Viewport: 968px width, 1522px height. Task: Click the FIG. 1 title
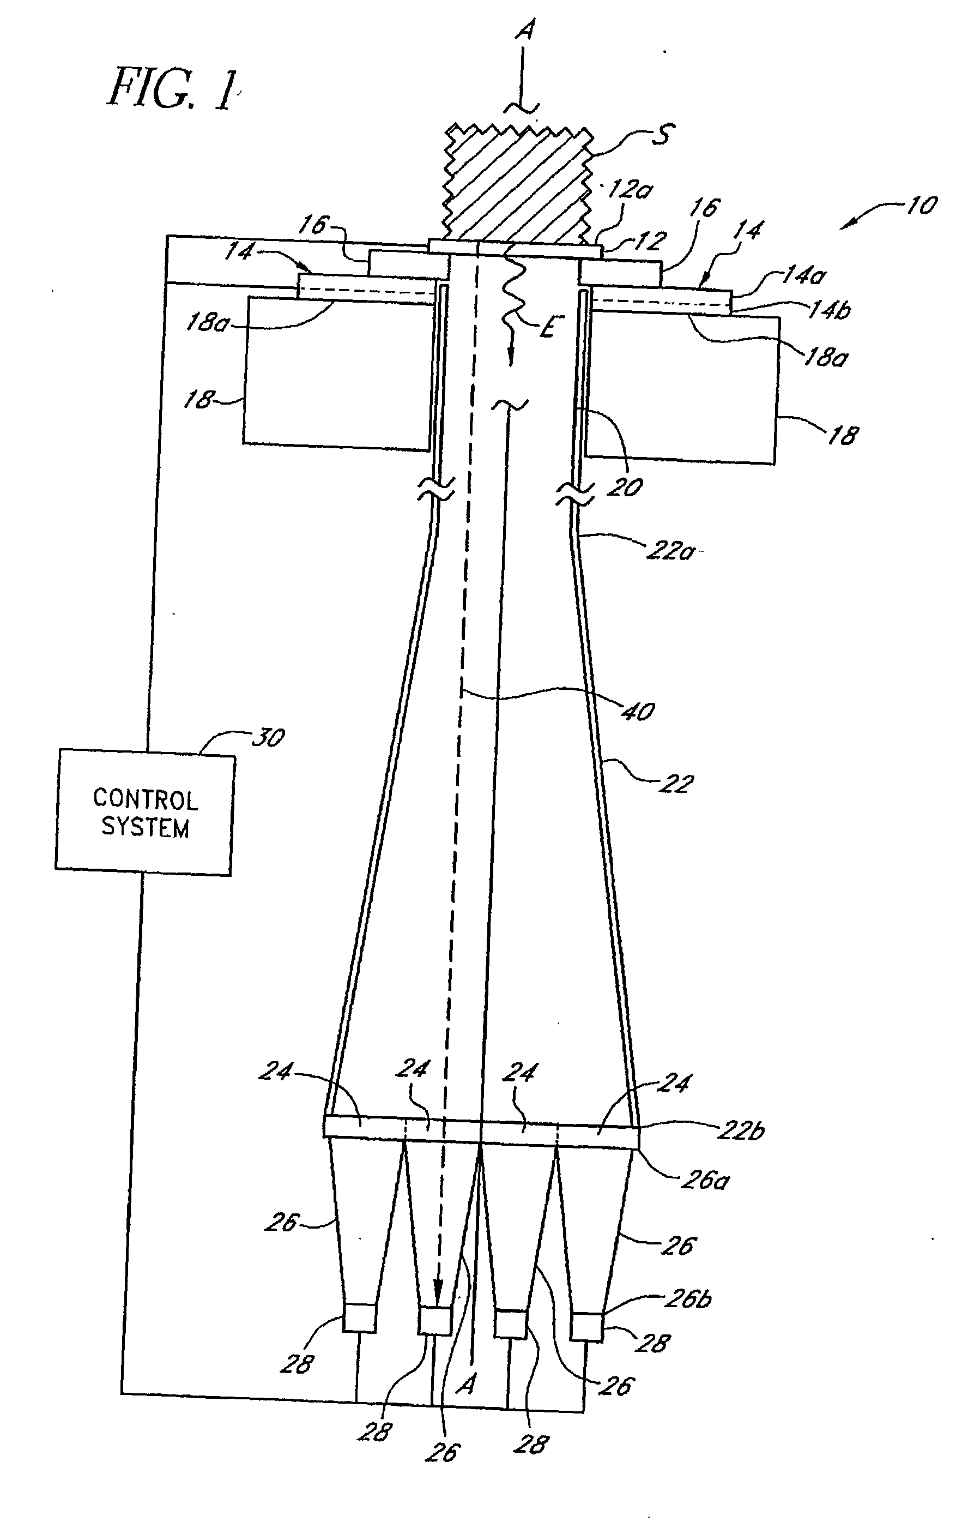click(171, 89)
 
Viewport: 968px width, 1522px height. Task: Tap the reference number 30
click(269, 738)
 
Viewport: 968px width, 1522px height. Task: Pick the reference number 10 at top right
click(921, 206)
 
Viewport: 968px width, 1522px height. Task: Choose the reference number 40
click(638, 712)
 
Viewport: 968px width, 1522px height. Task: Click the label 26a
click(705, 1180)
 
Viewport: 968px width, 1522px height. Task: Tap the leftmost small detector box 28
click(359, 1319)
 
